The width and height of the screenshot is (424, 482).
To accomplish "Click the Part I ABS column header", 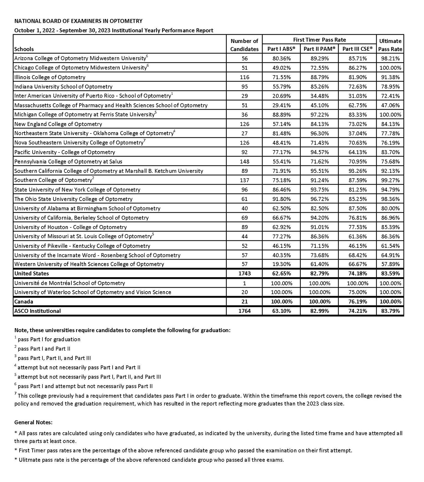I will coord(281,49).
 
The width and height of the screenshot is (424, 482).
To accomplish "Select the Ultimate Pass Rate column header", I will coord(390,45).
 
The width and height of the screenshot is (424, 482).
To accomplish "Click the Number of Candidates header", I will coord(244,45).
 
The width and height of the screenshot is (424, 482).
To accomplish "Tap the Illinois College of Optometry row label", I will coord(50,78).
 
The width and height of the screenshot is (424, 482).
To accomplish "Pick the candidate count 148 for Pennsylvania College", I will coord(244,162).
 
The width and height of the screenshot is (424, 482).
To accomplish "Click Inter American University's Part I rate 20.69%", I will coord(281,96).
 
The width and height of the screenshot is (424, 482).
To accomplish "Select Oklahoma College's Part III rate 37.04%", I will coord(357,134).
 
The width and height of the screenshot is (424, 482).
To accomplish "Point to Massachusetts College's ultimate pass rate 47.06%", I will coord(390,106).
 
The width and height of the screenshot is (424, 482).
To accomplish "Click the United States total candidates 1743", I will coord(244,274).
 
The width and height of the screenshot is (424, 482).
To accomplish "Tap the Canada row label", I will coord(24,302).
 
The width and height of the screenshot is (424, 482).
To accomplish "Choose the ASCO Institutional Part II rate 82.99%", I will coord(319,311).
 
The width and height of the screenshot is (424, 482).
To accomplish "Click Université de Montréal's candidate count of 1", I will coord(244,283).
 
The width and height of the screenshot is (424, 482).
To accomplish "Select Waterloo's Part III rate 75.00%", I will coord(357,292).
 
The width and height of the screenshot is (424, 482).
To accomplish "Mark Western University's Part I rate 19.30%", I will coord(281,264).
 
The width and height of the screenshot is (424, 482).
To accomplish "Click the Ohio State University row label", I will coord(73,199).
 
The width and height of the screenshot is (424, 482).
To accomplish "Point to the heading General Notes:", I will coord(33,422).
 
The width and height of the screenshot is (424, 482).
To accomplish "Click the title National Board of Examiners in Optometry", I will coord(78,21).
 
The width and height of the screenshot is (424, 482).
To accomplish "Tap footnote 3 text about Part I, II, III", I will coord(54,358).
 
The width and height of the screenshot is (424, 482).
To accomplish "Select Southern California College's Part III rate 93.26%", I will coord(357,171).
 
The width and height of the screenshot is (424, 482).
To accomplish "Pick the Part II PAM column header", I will coord(319,49).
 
